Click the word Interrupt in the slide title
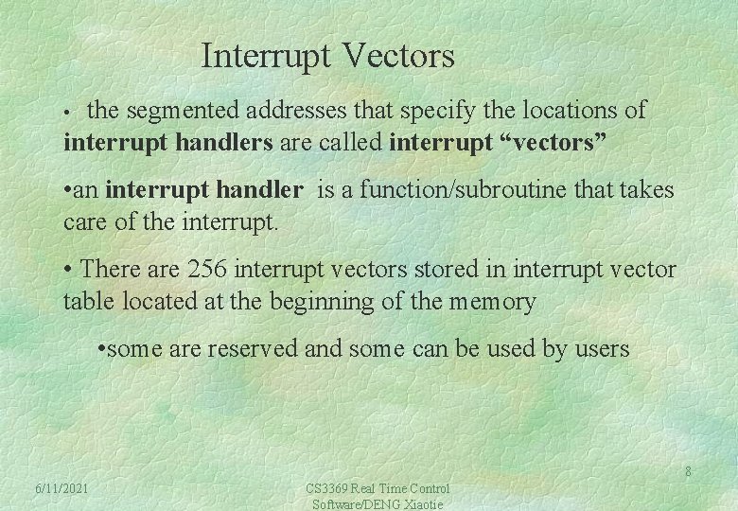[x=262, y=57]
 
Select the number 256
[x=206, y=270]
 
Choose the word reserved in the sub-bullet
[x=252, y=349]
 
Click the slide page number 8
[x=688, y=472]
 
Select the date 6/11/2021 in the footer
[x=61, y=488]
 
